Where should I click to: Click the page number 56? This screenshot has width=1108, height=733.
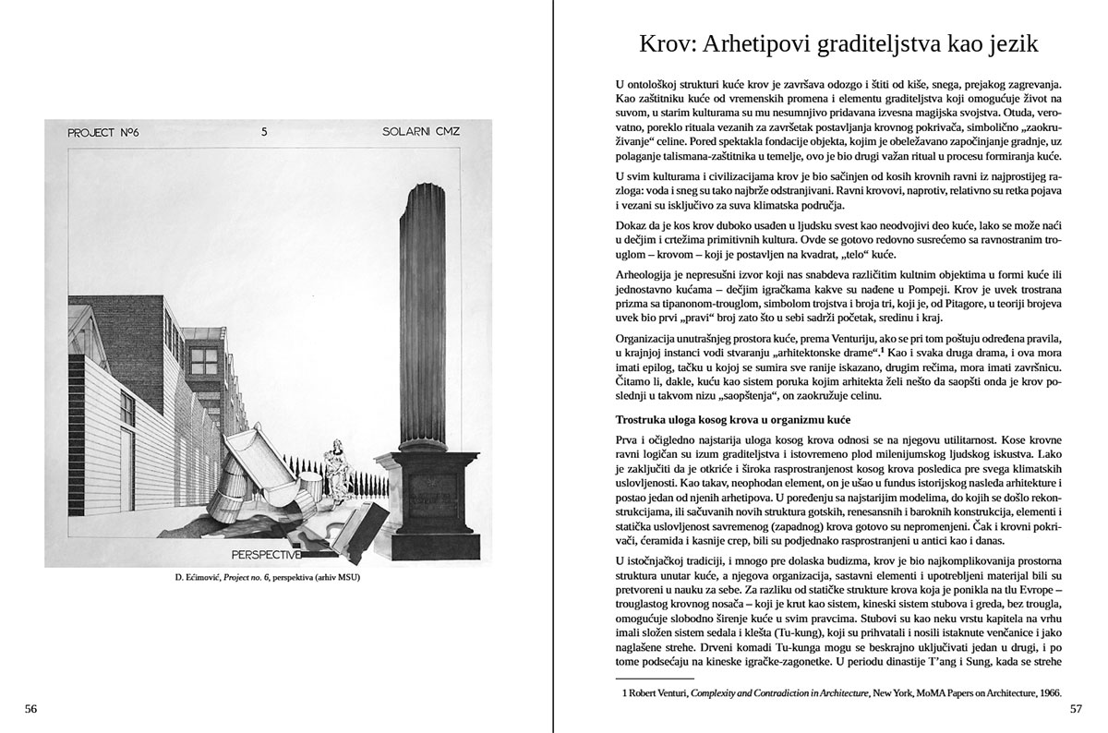tap(30, 709)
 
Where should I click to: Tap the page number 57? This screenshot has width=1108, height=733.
tap(1076, 709)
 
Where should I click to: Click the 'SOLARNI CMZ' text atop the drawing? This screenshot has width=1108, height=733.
tap(421, 132)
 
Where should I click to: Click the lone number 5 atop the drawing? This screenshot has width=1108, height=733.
tap(265, 132)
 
